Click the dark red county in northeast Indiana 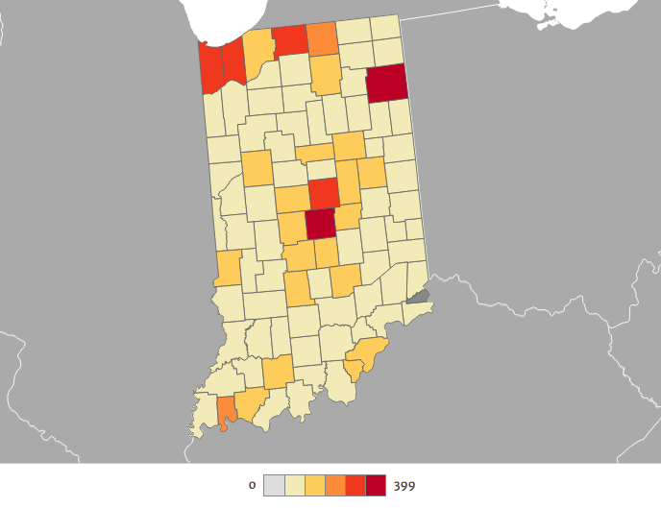coord(386,84)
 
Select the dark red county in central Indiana coord(321,224)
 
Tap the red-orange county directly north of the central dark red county coord(324,192)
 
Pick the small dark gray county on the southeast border coord(418,296)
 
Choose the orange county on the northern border coord(322,39)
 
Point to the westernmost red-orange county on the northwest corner coord(210,68)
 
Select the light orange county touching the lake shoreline coord(257,54)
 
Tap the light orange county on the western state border coord(229,268)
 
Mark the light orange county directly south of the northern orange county coord(326,74)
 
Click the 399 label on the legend coord(404,486)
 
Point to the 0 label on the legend coord(252,486)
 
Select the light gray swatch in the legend coord(273,486)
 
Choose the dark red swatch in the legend coord(376,486)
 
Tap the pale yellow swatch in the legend coord(293,486)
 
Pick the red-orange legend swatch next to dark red coord(355,486)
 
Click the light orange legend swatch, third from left coord(314,486)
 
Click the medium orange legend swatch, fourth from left coord(334,486)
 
